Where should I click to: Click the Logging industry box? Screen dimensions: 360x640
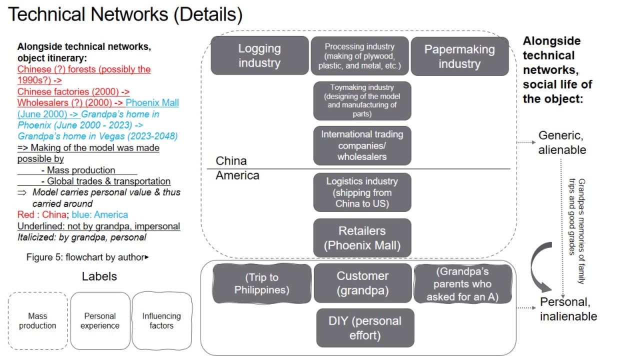tap(259, 55)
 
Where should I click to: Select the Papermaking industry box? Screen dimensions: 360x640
tap(459, 56)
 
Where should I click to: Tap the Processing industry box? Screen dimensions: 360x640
tap(359, 55)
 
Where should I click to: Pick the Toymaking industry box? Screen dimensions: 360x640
tap(362, 100)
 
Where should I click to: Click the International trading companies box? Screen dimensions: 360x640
tap(362, 145)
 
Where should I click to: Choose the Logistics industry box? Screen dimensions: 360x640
tap(362, 192)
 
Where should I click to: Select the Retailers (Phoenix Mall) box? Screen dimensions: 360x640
tap(362, 238)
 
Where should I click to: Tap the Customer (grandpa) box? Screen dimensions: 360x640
tap(362, 283)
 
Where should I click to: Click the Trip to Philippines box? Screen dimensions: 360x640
tap(261, 283)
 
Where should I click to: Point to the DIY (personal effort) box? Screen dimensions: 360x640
tap(365, 328)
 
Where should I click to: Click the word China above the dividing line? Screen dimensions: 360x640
tap(231, 161)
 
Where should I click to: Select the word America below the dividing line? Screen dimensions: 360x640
tap(237, 175)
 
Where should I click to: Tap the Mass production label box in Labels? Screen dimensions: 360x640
tap(37, 321)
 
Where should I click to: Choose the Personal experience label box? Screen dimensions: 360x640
tap(100, 321)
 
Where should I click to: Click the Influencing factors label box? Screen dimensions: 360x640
tap(161, 321)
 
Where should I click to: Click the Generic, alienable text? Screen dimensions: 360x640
tap(562, 142)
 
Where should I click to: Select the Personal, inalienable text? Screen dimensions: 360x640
tap(568, 309)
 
